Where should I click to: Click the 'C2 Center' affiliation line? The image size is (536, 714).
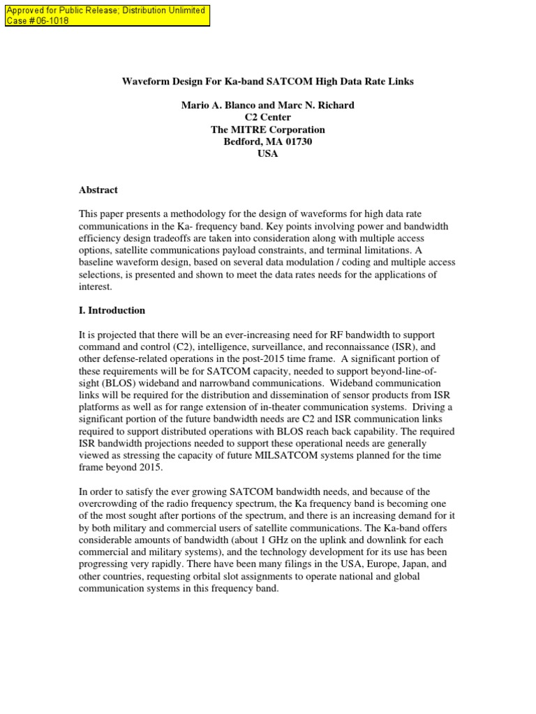267,117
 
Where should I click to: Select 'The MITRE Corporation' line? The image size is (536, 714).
267,130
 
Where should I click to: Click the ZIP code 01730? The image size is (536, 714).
297,142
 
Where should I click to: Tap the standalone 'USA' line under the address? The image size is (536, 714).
267,153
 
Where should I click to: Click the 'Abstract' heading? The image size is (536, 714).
98,190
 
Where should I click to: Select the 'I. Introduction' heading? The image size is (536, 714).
112,310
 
